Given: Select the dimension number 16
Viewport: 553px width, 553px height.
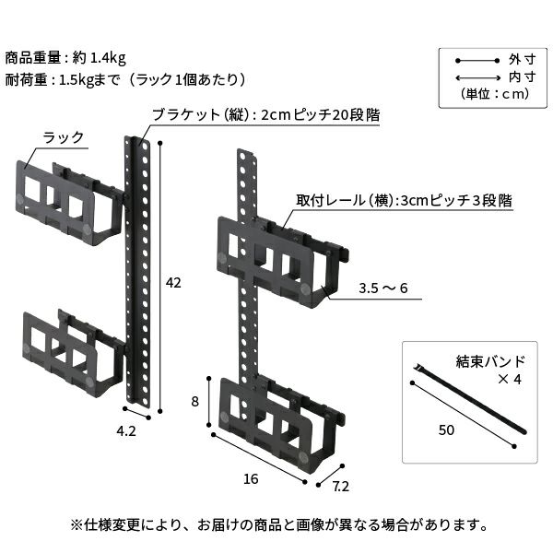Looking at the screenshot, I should (x=252, y=478).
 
